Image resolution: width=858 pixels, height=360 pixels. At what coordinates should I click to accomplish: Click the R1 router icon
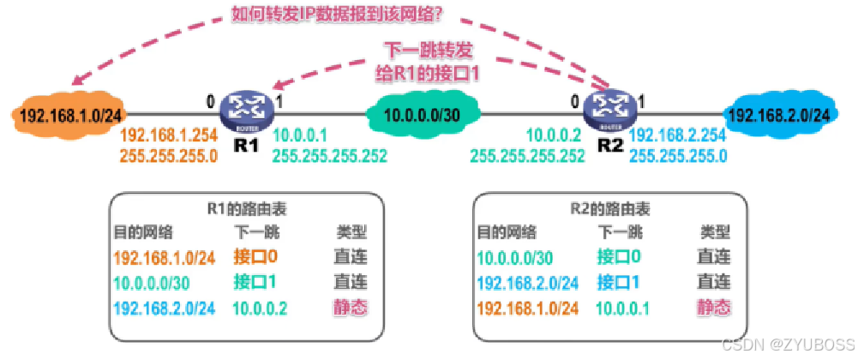coord(246,111)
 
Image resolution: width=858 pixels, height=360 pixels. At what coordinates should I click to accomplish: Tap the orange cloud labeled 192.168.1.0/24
coord(69,115)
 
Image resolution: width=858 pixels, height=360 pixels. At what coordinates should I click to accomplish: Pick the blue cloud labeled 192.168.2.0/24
coord(778,115)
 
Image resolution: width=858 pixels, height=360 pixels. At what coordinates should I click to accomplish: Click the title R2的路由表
coord(610,209)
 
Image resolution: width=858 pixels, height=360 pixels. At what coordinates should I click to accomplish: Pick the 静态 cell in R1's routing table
coord(351,308)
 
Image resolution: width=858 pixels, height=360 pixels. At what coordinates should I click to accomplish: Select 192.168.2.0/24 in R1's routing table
coord(164,308)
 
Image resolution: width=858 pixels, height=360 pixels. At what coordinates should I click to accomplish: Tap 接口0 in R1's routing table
coord(255,255)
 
